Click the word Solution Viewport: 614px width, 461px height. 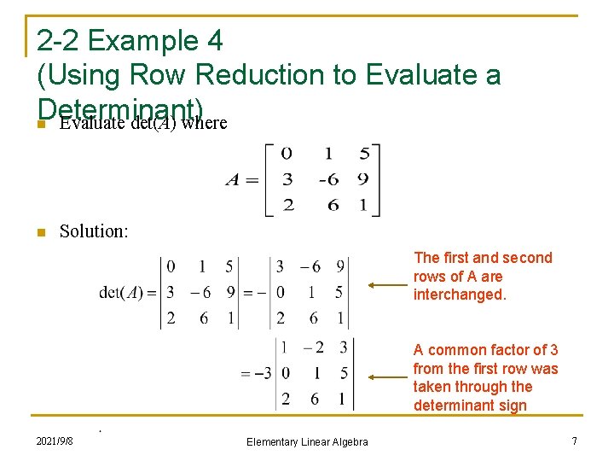click(94, 230)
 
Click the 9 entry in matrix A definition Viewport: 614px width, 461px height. click(362, 179)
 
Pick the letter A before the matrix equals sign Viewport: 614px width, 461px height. click(232, 179)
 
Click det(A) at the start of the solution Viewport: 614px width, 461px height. click(121, 293)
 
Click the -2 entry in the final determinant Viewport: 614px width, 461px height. click(314, 347)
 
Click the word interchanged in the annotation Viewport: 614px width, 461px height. click(460, 295)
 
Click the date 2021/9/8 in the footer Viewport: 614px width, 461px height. click(55, 441)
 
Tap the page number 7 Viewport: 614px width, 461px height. click(575, 441)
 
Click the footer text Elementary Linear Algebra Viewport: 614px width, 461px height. click(307, 441)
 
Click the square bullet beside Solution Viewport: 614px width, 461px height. click(39, 231)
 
